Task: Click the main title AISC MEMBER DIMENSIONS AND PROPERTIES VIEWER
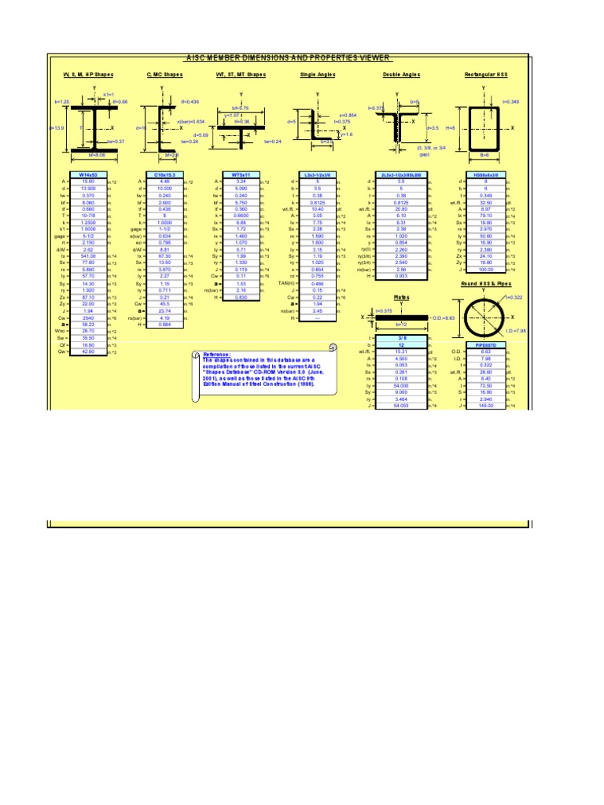[287, 58]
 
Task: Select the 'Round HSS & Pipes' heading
[487, 284]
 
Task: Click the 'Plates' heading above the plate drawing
[401, 298]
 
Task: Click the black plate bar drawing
[401, 318]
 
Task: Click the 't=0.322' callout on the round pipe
[514, 297]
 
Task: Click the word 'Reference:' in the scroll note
[217, 355]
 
